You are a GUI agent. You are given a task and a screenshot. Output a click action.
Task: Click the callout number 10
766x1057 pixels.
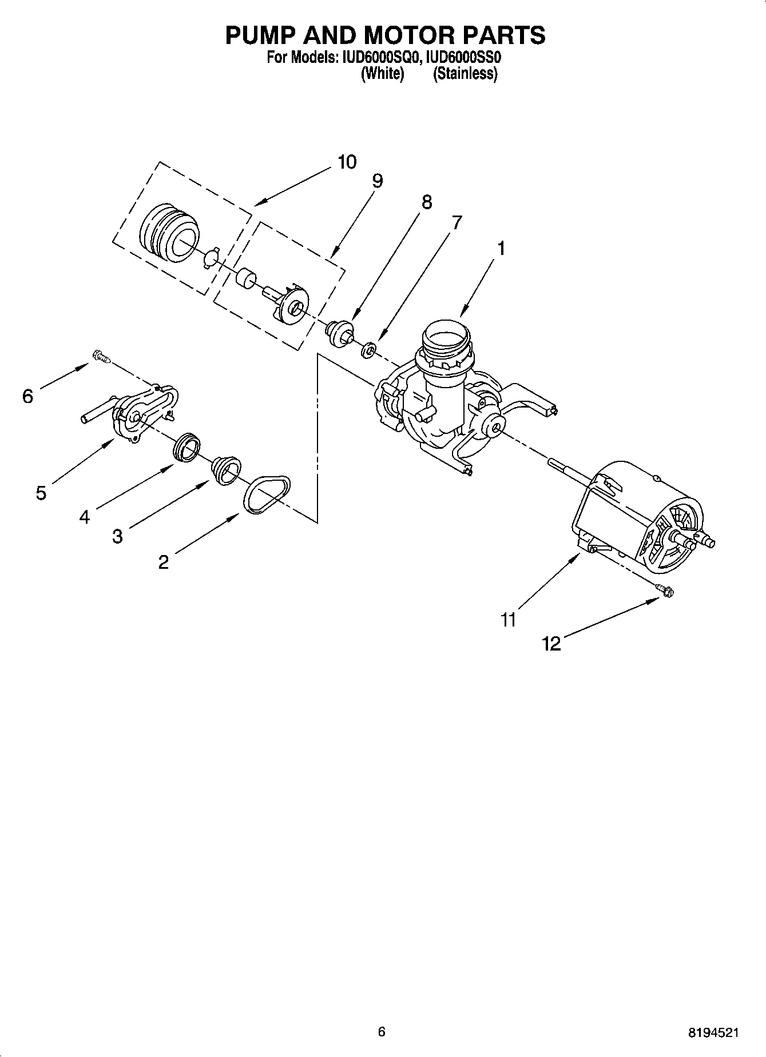[347, 162]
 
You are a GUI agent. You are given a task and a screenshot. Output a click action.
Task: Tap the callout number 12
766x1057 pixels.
[551, 644]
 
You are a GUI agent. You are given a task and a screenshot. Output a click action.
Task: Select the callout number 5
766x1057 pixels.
[41, 492]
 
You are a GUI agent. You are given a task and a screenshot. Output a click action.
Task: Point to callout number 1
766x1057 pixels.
[501, 249]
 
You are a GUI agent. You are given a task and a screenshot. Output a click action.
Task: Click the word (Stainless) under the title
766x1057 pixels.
[465, 73]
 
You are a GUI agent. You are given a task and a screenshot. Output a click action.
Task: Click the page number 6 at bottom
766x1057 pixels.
[382, 1032]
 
